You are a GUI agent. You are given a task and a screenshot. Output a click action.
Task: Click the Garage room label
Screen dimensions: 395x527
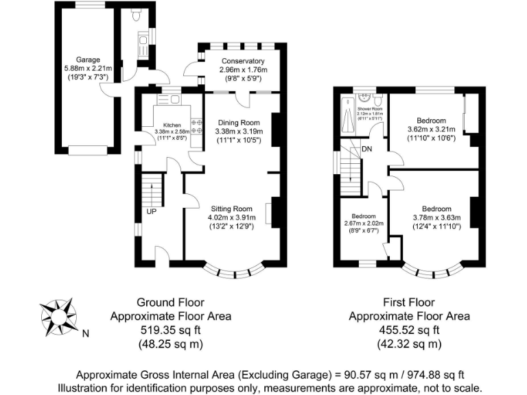pyautogui.click(x=89, y=60)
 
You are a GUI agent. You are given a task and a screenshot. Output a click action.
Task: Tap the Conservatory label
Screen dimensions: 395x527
pyautogui.click(x=238, y=61)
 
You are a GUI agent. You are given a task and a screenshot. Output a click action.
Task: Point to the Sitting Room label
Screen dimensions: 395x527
pyautogui.click(x=229, y=209)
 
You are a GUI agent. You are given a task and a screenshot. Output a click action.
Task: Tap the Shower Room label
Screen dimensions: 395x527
pyautogui.click(x=368, y=109)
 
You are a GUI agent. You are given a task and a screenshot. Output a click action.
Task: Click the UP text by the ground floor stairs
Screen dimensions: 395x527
pyautogui.click(x=152, y=211)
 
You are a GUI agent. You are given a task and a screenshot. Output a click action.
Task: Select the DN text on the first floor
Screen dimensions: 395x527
pyautogui.click(x=368, y=149)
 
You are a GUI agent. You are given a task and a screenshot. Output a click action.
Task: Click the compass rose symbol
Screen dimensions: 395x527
pyautogui.click(x=58, y=318)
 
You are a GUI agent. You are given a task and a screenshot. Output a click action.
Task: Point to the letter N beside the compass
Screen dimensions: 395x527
pyautogui.click(x=86, y=335)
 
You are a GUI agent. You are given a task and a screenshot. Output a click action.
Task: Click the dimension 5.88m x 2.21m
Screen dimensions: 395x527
pyautogui.click(x=89, y=69)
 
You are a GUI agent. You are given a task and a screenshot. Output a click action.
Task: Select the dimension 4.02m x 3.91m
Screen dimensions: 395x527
pyautogui.click(x=229, y=218)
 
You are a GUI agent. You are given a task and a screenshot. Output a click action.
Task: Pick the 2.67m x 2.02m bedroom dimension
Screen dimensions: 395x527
pyautogui.click(x=363, y=224)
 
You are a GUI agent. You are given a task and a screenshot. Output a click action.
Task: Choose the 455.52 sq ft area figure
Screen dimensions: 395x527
pyautogui.click(x=410, y=330)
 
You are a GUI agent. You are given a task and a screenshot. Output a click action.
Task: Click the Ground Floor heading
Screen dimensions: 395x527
pyautogui.click(x=170, y=302)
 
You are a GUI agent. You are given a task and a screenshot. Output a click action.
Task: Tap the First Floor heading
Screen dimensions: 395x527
pyautogui.click(x=410, y=302)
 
